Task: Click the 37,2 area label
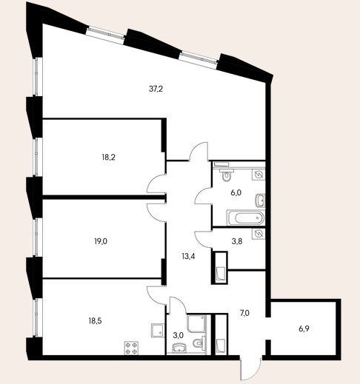(156, 89)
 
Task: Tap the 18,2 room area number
(109, 157)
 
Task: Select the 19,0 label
(101, 241)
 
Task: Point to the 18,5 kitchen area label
(95, 321)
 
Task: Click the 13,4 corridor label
(188, 257)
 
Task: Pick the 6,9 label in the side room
(304, 329)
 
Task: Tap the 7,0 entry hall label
(244, 313)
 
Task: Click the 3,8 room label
(237, 241)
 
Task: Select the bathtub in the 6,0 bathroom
(246, 218)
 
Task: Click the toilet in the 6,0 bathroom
(226, 175)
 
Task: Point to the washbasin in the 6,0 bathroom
(260, 201)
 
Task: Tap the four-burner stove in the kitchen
(131, 348)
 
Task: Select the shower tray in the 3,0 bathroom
(196, 323)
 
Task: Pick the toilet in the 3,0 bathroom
(199, 343)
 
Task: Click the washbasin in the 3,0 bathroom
(179, 348)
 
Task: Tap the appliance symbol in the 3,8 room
(259, 233)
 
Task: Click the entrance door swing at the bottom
(250, 369)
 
